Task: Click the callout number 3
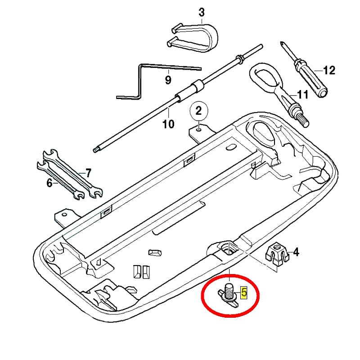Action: click(x=201, y=12)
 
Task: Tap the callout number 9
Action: click(x=168, y=81)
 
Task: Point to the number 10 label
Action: click(x=168, y=124)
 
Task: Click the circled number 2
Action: click(x=199, y=110)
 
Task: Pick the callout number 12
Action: click(x=329, y=71)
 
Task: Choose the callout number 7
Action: click(x=88, y=172)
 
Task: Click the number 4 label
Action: click(x=296, y=252)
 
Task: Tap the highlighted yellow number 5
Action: click(x=244, y=293)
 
